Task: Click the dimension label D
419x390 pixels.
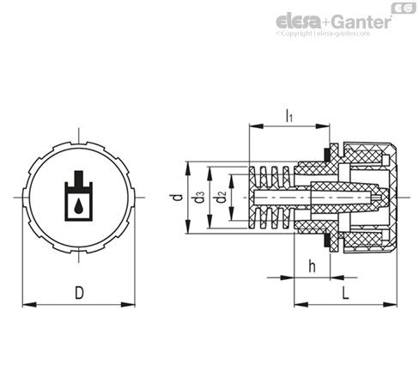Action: (x=79, y=293)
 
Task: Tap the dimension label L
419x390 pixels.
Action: (x=346, y=293)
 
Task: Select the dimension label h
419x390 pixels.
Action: (x=312, y=266)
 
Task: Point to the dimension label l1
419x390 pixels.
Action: (x=289, y=116)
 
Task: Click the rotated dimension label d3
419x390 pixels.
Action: (x=199, y=198)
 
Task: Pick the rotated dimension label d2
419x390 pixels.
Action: (x=222, y=198)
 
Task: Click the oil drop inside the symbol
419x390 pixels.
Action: (x=78, y=207)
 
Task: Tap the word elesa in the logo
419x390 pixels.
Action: (x=299, y=21)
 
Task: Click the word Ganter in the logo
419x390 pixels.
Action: (x=362, y=21)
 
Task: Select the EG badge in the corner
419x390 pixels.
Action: (x=404, y=9)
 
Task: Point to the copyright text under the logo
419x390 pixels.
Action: (x=323, y=34)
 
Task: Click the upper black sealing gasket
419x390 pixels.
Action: (x=326, y=155)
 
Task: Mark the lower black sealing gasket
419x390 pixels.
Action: (x=326, y=241)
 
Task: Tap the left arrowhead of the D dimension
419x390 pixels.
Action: (x=29, y=305)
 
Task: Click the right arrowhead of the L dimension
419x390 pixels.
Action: (x=390, y=305)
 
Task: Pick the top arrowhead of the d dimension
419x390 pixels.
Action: (x=188, y=168)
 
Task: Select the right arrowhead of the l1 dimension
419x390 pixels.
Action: (x=323, y=126)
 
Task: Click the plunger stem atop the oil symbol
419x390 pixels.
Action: (x=78, y=178)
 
